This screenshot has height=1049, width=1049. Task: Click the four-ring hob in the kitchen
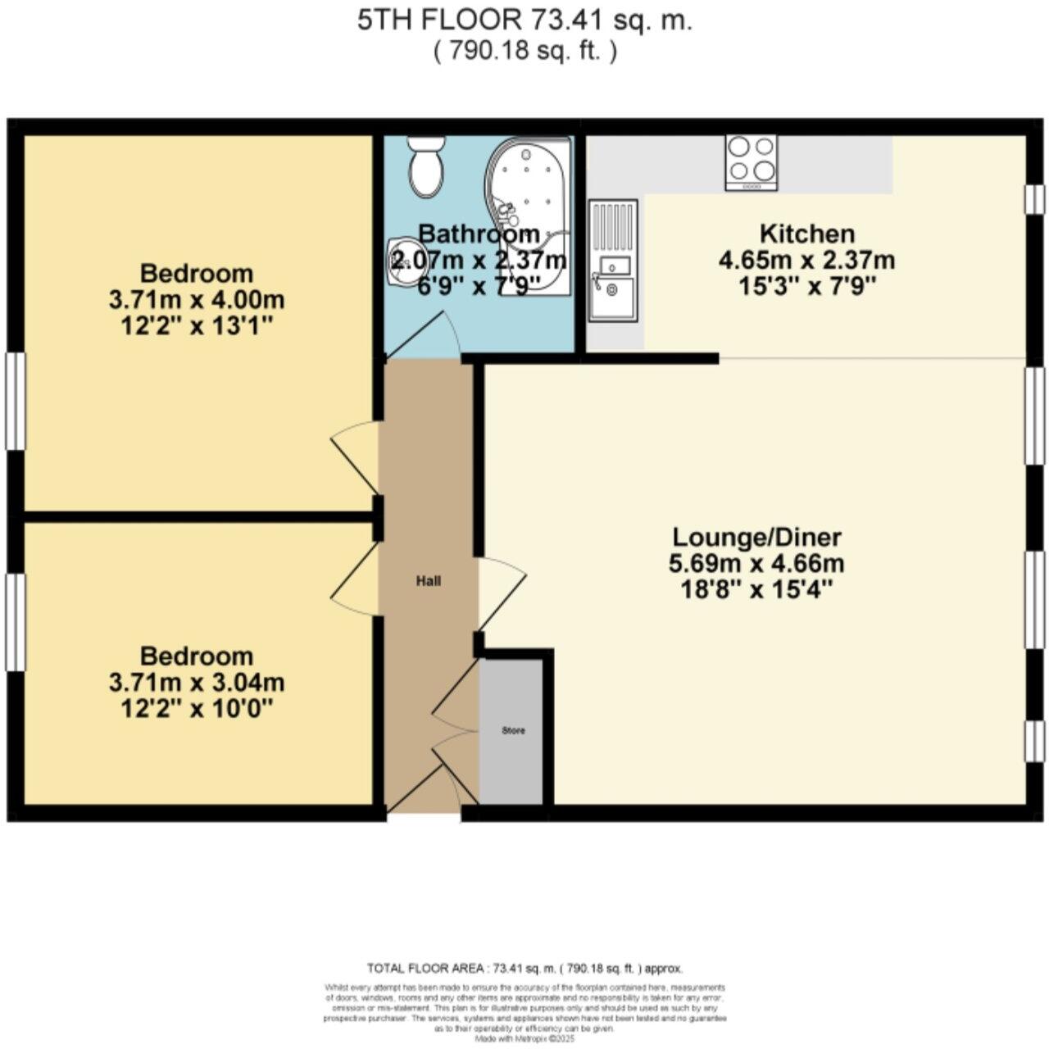coord(752,161)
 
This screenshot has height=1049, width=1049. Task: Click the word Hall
coord(429,581)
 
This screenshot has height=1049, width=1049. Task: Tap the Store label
coord(513,730)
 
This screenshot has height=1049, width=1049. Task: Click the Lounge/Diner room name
coord(756,538)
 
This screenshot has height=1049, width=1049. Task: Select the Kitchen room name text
coord(806,234)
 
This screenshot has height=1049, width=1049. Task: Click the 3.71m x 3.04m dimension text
coord(197,682)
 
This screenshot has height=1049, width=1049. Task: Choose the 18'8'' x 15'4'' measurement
coord(756,589)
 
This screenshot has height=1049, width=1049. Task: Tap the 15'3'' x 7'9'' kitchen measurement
coord(806,286)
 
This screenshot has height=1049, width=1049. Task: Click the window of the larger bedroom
coord(15,401)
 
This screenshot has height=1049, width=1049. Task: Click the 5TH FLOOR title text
coord(524,21)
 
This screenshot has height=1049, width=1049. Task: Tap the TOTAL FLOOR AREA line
coord(524,968)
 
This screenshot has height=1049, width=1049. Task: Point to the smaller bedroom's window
coord(15,622)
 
